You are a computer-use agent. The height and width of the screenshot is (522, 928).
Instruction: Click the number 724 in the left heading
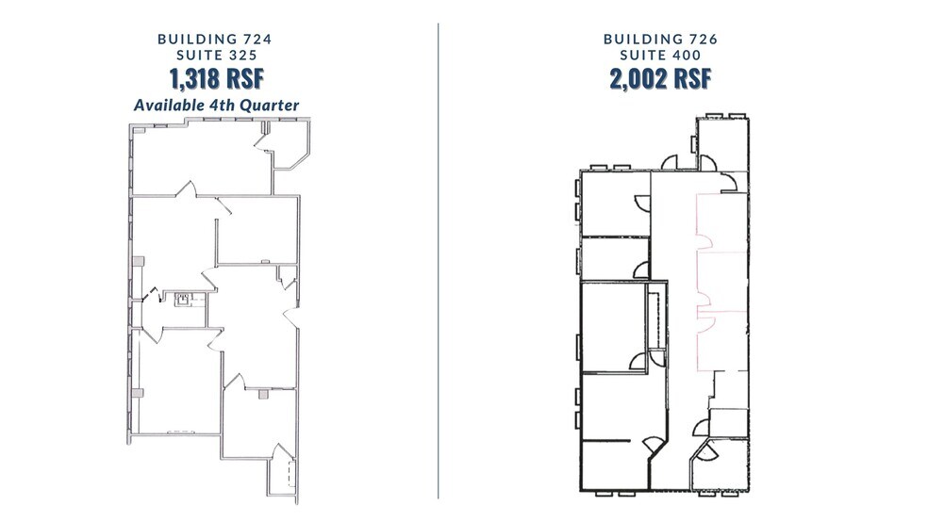pyautogui.click(x=257, y=39)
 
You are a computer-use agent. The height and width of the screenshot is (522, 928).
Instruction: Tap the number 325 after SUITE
pyautogui.click(x=242, y=55)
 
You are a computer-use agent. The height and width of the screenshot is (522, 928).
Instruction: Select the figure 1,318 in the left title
pyautogui.click(x=194, y=78)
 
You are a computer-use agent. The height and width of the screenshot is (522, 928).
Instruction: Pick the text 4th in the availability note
pyautogui.click(x=225, y=106)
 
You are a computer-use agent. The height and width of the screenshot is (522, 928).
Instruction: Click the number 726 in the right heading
pyautogui.click(x=704, y=39)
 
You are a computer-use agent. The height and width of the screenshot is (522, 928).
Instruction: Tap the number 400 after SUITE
pyautogui.click(x=686, y=55)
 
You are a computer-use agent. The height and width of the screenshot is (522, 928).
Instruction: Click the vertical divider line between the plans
pyautogui.click(x=438, y=261)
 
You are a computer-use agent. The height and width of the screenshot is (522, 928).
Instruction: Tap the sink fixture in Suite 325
pyautogui.click(x=184, y=299)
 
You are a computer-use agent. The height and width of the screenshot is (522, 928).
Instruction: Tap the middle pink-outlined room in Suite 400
pyautogui.click(x=722, y=282)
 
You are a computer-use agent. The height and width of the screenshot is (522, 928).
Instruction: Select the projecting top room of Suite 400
pyautogui.click(x=722, y=144)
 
